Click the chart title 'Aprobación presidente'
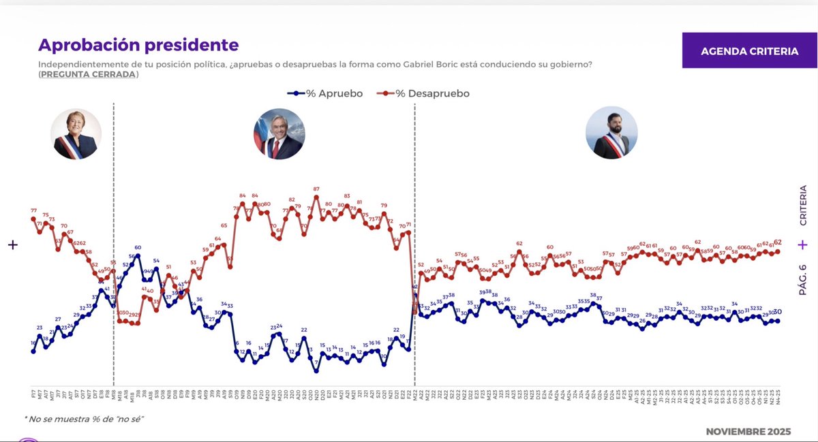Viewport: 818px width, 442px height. (x=138, y=45)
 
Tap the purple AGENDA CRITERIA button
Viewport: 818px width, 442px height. (x=749, y=51)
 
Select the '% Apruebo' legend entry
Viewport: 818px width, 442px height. (x=325, y=93)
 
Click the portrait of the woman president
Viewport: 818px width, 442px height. (x=76, y=133)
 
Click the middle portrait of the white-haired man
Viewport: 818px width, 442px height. (x=279, y=133)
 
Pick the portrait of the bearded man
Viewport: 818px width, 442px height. (x=611, y=133)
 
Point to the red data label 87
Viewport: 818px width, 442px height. (x=316, y=189)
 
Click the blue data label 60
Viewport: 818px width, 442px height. (x=138, y=248)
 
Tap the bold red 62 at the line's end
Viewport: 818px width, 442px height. (x=778, y=242)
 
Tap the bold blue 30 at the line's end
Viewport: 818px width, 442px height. (x=778, y=312)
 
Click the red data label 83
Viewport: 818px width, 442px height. (x=347, y=196)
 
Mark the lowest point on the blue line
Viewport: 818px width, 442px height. (x=316, y=371)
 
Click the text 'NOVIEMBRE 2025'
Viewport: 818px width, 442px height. (x=748, y=432)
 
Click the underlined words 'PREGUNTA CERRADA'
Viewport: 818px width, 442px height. (x=88, y=74)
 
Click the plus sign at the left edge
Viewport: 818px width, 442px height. (x=12, y=245)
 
